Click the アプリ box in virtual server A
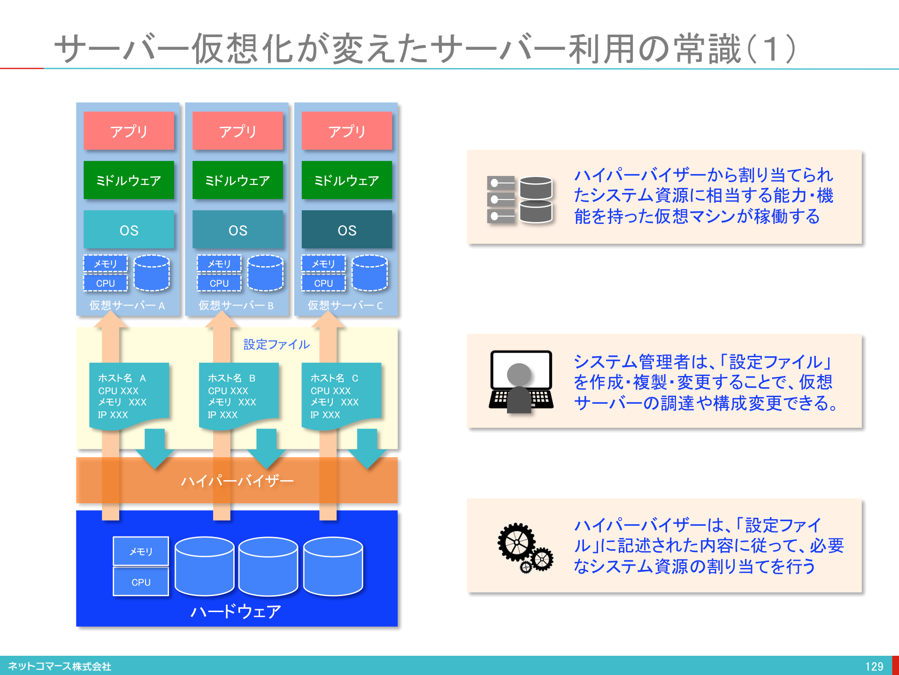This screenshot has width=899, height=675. (x=129, y=131)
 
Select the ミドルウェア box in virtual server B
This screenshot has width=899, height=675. (x=238, y=180)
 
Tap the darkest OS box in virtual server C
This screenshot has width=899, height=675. (x=346, y=230)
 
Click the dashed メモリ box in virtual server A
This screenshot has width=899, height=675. (x=105, y=264)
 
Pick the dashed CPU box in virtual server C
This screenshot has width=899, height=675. (x=323, y=283)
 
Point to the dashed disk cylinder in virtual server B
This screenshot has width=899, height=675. (x=265, y=274)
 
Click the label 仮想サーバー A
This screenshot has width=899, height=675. (x=127, y=306)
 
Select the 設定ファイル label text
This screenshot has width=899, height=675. (x=277, y=345)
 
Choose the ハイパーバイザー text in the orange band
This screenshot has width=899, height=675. (x=237, y=481)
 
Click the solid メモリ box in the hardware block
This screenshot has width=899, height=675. (x=141, y=551)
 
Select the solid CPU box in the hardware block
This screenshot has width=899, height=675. (x=141, y=582)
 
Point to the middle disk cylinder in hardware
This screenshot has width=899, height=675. (x=268, y=567)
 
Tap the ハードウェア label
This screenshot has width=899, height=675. (x=236, y=611)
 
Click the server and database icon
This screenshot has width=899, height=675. (x=520, y=199)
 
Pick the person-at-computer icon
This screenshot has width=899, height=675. (x=521, y=382)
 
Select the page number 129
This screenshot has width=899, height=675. (x=874, y=667)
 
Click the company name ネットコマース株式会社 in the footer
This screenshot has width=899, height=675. (x=60, y=667)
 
